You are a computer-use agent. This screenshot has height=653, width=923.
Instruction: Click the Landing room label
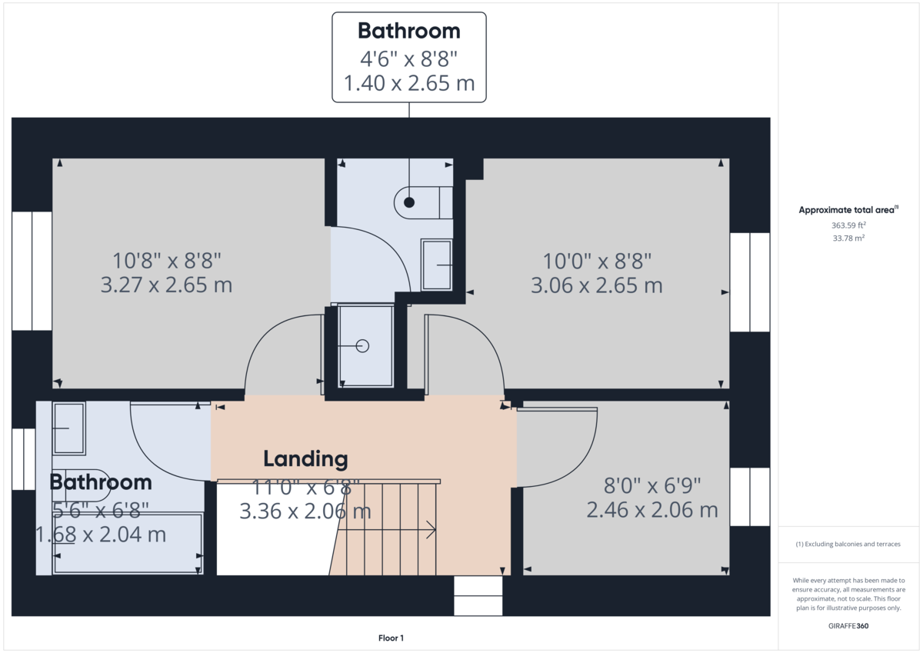[x=305, y=459]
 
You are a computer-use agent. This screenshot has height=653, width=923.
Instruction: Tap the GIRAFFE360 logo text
[x=848, y=626]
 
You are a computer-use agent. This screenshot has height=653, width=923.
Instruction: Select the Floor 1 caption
[x=391, y=638]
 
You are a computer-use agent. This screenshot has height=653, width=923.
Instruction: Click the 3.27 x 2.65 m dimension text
[x=166, y=285]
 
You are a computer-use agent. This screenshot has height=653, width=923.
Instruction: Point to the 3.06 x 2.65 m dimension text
[x=596, y=285]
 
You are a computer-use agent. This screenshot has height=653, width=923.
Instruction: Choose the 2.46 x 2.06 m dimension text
[x=651, y=509]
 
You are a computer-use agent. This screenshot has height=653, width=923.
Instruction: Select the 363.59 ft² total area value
[x=848, y=225]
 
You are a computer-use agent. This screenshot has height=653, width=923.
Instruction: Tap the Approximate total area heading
[x=848, y=209]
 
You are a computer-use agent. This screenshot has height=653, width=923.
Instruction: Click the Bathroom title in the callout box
[x=408, y=31]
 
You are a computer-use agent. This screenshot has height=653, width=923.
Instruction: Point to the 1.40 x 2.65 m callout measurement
[x=408, y=83]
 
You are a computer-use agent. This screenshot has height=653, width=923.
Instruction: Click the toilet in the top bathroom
[x=422, y=202]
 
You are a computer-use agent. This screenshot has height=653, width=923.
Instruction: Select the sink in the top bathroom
[x=436, y=265]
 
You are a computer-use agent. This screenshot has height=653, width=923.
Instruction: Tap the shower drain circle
[x=362, y=346]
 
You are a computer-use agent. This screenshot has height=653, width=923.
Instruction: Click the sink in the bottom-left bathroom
[x=69, y=428]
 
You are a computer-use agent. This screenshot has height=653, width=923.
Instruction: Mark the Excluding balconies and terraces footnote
[x=848, y=544]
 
